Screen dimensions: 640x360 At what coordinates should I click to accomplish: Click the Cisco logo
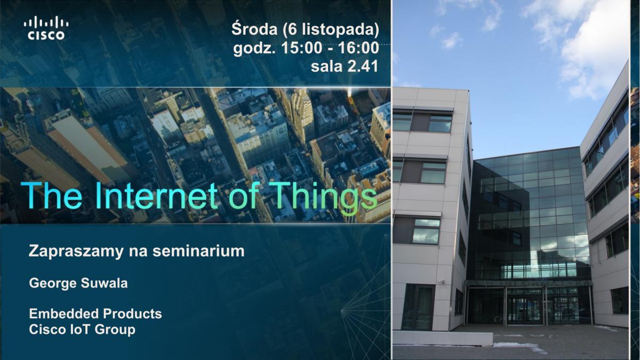tap(46, 28)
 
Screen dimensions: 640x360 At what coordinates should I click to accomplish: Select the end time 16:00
tap(358, 47)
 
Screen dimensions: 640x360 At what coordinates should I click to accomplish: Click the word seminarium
tap(198, 251)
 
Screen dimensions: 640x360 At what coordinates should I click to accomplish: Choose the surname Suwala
tap(105, 283)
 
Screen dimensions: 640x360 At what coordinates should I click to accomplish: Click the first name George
tap(53, 284)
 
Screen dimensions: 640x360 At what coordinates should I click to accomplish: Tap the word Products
tap(132, 314)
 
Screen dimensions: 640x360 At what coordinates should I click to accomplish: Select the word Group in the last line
tap(115, 330)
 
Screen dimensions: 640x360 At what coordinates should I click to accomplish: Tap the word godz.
tap(254, 49)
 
